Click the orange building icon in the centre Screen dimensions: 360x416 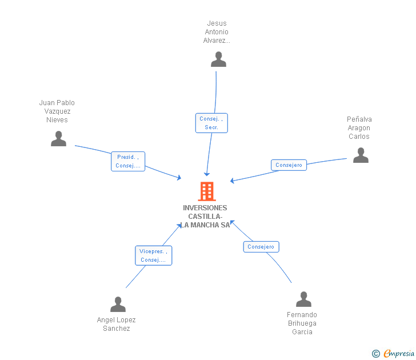[x=206, y=191]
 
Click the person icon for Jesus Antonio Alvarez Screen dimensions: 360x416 [x=218, y=59]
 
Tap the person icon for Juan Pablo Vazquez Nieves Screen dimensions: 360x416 [x=58, y=139]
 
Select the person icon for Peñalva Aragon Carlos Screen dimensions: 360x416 [x=361, y=155]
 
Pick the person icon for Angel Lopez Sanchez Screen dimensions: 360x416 [x=118, y=305]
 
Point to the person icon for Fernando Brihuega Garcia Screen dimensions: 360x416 [x=303, y=299]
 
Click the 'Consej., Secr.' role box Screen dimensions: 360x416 [x=211, y=123]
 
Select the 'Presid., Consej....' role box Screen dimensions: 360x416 [x=128, y=161]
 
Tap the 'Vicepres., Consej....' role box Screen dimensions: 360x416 [x=153, y=255]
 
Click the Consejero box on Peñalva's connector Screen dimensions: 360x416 [x=289, y=165]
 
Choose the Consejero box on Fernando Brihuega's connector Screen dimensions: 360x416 [x=261, y=247]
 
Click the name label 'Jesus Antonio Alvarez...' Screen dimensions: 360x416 [x=217, y=32]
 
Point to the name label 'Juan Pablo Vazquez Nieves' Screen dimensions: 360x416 [x=57, y=111]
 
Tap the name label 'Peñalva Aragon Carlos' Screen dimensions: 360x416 [x=359, y=128]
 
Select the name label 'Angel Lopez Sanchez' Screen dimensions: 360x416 [x=117, y=324]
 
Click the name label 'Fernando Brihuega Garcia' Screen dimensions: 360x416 [x=302, y=323]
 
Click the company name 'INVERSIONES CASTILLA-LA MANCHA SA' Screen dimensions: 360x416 [x=205, y=217]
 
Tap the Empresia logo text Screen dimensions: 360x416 [x=399, y=354]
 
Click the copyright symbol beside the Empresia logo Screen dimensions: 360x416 [x=376, y=354]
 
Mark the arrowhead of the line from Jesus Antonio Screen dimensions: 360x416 [x=207, y=174]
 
